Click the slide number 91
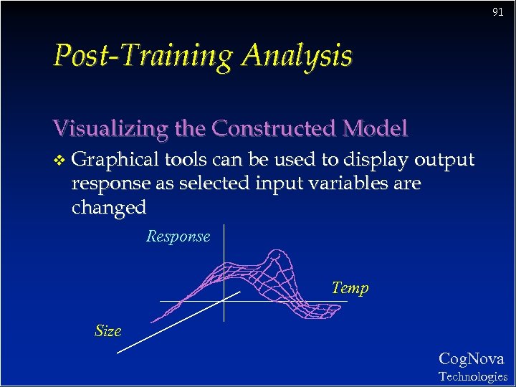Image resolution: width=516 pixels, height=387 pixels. point(497,12)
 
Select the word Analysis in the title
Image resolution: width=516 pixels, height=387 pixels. point(297,56)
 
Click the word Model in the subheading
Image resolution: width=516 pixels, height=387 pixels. point(377,128)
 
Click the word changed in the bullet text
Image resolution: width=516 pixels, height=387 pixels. point(109,208)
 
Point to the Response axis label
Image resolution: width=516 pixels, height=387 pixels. point(178,236)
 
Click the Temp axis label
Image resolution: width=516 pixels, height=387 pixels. point(350,288)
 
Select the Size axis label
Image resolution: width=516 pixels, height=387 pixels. point(108,330)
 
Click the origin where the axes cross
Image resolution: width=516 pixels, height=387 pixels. point(224,301)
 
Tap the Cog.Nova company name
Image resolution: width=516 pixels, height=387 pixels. point(471,359)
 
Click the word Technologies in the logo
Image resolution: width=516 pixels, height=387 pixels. point(472,376)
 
